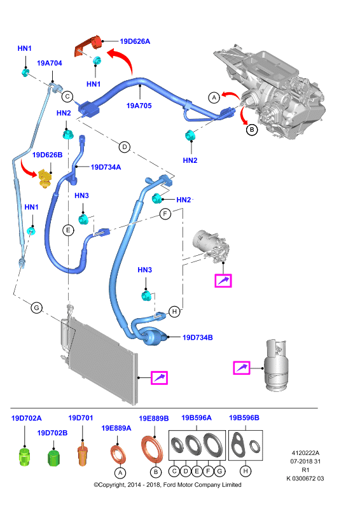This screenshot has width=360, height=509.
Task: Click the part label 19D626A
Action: tap(135, 41)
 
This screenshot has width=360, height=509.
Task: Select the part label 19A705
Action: tap(139, 106)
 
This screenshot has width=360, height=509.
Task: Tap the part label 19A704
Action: tap(50, 63)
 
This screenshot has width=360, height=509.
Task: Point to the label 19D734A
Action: tap(106, 167)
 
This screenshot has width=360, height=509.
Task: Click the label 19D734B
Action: tap(198, 338)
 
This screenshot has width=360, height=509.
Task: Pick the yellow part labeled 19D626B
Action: tap(45, 179)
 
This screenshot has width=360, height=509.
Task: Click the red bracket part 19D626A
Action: tap(88, 45)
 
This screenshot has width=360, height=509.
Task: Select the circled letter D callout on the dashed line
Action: tap(125, 147)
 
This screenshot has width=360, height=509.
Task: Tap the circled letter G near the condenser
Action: tap(37, 307)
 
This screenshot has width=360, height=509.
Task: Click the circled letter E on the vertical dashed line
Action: tap(68, 230)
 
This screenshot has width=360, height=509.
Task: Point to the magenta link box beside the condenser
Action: tap(160, 378)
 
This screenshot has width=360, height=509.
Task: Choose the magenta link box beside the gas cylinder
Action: tap(242, 368)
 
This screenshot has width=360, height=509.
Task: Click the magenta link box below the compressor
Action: tap(223, 281)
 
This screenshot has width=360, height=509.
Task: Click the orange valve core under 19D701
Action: tap(83, 454)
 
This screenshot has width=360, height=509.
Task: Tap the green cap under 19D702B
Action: tap(53, 457)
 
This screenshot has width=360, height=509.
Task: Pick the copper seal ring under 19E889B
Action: tap(152, 450)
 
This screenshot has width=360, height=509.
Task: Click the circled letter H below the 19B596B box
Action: tap(246, 471)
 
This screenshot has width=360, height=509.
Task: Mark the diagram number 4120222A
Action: tap(305, 453)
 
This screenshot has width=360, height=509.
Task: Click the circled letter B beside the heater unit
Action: tap(252, 130)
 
